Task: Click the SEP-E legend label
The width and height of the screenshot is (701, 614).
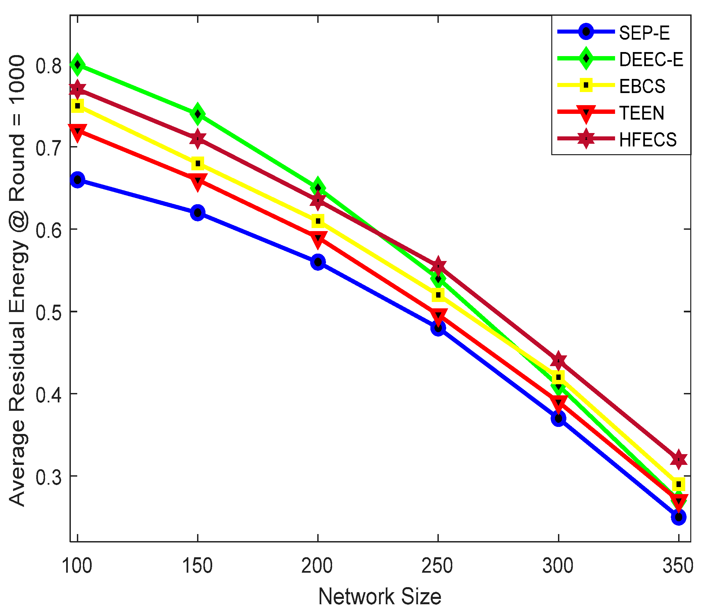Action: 644,33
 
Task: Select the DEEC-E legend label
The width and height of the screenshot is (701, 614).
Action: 651,59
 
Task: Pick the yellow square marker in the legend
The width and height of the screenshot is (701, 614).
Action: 586,85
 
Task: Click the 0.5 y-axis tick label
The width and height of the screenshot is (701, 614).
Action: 48,312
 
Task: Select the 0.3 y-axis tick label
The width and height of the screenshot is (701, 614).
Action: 48,477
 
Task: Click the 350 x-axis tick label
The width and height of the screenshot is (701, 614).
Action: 678,566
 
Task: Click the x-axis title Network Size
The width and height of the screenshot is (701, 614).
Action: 379,597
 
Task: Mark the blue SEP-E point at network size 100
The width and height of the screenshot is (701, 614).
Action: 78,180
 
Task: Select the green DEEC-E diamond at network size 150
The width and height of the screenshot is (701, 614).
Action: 198,114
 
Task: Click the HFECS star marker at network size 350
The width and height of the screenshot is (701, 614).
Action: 679,459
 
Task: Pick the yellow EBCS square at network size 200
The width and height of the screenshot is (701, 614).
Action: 318,221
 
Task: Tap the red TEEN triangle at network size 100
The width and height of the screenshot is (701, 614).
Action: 78,132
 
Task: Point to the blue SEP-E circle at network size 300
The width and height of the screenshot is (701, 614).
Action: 558,419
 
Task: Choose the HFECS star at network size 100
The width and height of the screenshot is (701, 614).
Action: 78,89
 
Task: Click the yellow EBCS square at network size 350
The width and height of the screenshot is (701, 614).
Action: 679,484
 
